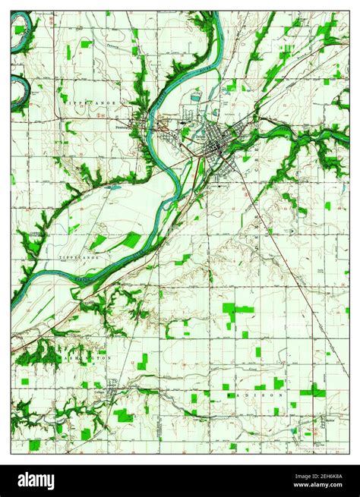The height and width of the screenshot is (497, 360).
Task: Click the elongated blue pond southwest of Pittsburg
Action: click(114, 185)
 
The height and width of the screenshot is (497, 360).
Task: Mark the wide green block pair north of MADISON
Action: click(238, 309)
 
